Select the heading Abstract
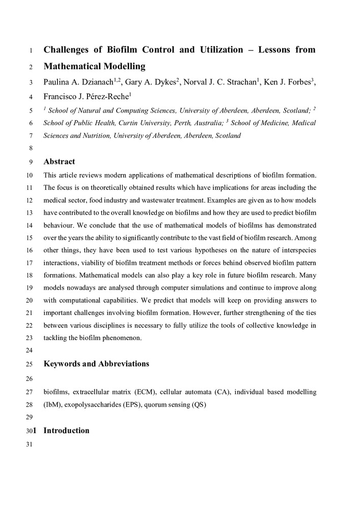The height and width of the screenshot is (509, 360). (x=59, y=162)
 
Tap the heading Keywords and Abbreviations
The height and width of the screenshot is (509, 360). (x=96, y=363)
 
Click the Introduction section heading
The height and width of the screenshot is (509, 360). (x=66, y=431)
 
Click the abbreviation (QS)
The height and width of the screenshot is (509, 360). (x=199, y=405)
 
